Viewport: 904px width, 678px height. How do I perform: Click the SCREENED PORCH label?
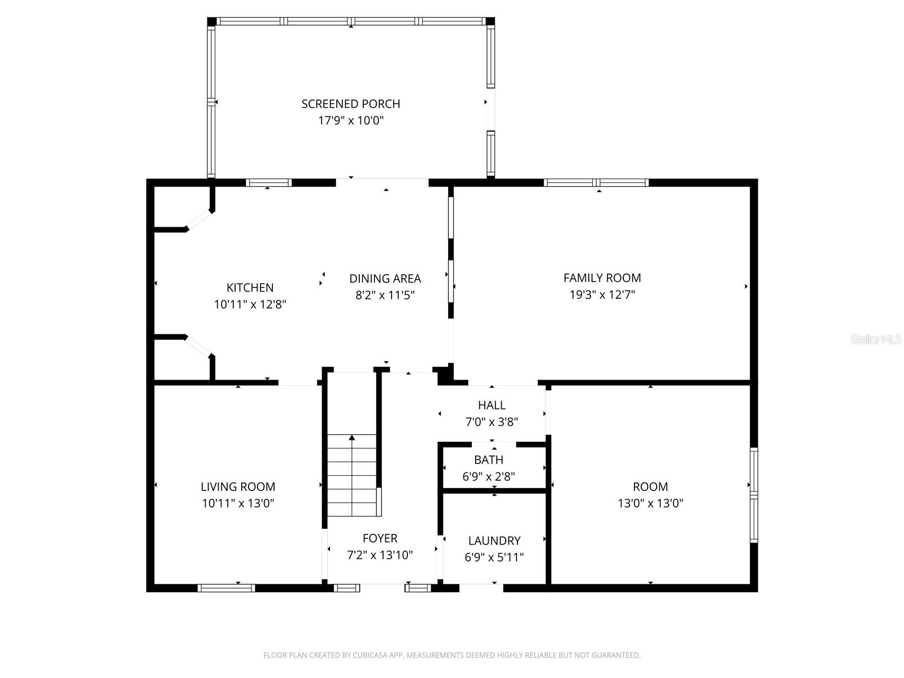[x=350, y=104]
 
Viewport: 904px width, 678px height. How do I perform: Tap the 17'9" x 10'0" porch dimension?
[x=350, y=120]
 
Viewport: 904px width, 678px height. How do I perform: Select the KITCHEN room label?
[x=250, y=288]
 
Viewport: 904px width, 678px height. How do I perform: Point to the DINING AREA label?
[x=385, y=279]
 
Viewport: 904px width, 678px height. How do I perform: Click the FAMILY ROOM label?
[x=602, y=278]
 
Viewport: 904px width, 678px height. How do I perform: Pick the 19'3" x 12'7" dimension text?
[x=602, y=294]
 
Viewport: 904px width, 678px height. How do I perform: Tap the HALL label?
[x=492, y=405]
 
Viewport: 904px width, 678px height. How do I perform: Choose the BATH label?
[x=489, y=460]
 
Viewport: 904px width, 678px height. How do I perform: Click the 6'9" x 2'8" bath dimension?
[x=489, y=477]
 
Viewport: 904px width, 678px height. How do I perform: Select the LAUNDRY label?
[x=494, y=541]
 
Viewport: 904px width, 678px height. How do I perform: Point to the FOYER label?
[x=380, y=538]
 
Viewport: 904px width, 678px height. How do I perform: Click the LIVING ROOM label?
[x=238, y=487]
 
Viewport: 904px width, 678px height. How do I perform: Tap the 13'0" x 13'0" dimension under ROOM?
[x=650, y=503]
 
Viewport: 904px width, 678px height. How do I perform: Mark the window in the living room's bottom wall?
[x=226, y=588]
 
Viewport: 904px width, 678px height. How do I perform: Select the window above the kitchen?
[x=269, y=182]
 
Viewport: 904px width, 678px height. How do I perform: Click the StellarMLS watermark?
[x=876, y=340]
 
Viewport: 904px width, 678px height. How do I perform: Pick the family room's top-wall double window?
[x=596, y=182]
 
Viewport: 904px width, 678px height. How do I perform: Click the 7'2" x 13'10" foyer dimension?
[x=380, y=555]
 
